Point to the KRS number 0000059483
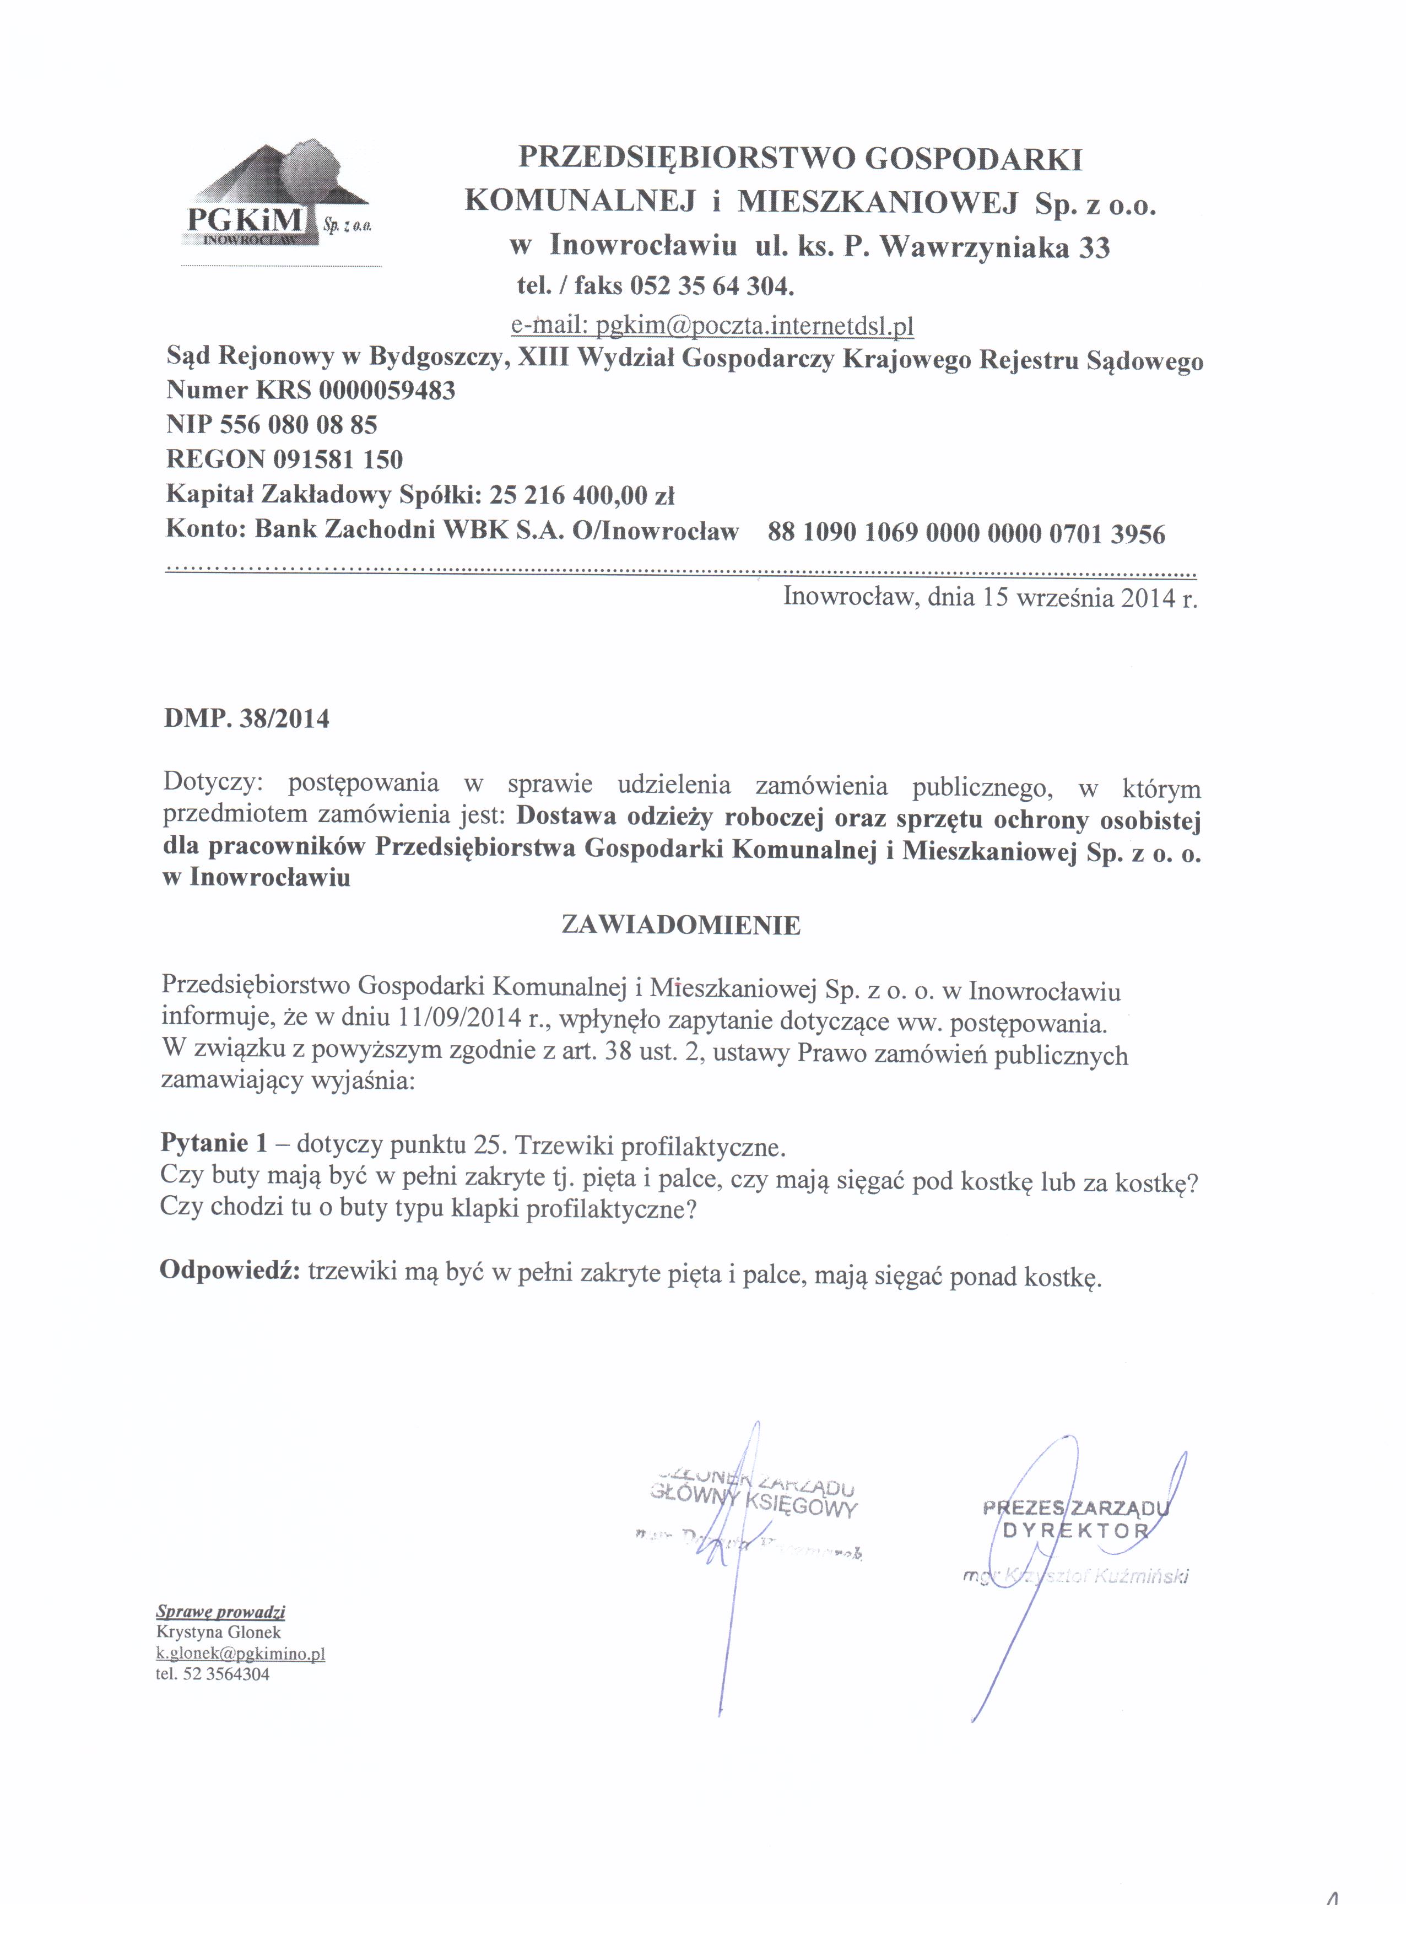pos(387,391)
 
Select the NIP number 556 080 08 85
pos(299,425)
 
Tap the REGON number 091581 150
pos(338,460)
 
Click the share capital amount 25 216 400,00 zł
pos(582,495)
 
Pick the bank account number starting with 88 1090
pos(966,534)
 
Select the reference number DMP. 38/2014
pos(246,719)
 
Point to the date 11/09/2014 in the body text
pos(459,1019)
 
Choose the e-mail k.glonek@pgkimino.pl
pos(240,1654)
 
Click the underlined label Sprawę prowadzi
pos(221,1612)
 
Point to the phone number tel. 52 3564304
pos(213,1674)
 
